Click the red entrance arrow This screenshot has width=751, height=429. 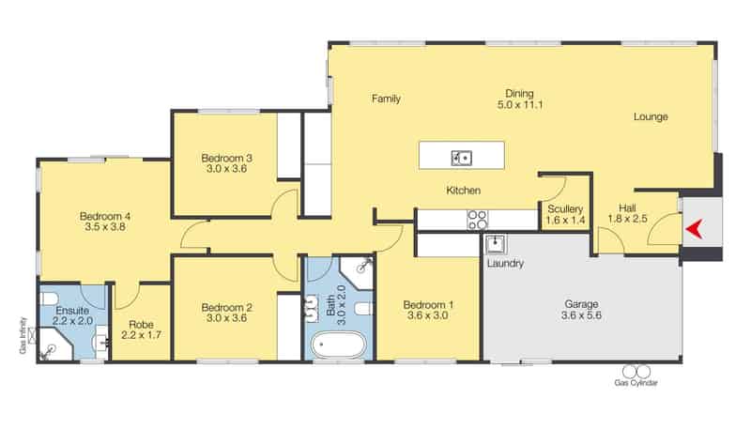coord(694,229)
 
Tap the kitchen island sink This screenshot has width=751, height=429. coord(462,158)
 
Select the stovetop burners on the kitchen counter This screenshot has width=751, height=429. coord(478,220)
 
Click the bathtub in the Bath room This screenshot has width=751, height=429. coord(338,345)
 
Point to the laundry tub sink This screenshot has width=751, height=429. coord(496,244)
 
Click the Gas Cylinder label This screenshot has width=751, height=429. coord(636,383)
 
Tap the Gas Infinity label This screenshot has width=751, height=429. coord(23,335)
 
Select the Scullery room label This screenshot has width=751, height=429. coord(565,208)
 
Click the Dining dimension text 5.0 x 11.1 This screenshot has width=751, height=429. coord(520,104)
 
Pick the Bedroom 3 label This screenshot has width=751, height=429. coord(226,158)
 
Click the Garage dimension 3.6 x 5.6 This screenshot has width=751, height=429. coord(581,315)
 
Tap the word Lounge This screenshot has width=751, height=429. coord(651,116)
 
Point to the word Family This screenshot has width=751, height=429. coord(386,99)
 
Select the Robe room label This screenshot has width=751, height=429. coord(141,325)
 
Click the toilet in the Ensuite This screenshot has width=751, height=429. coord(49,299)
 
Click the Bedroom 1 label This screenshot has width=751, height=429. coord(428,304)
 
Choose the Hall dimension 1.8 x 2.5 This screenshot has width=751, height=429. coord(627,219)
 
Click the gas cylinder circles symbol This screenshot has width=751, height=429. coord(636,372)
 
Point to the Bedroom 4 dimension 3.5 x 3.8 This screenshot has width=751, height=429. coord(105,227)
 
